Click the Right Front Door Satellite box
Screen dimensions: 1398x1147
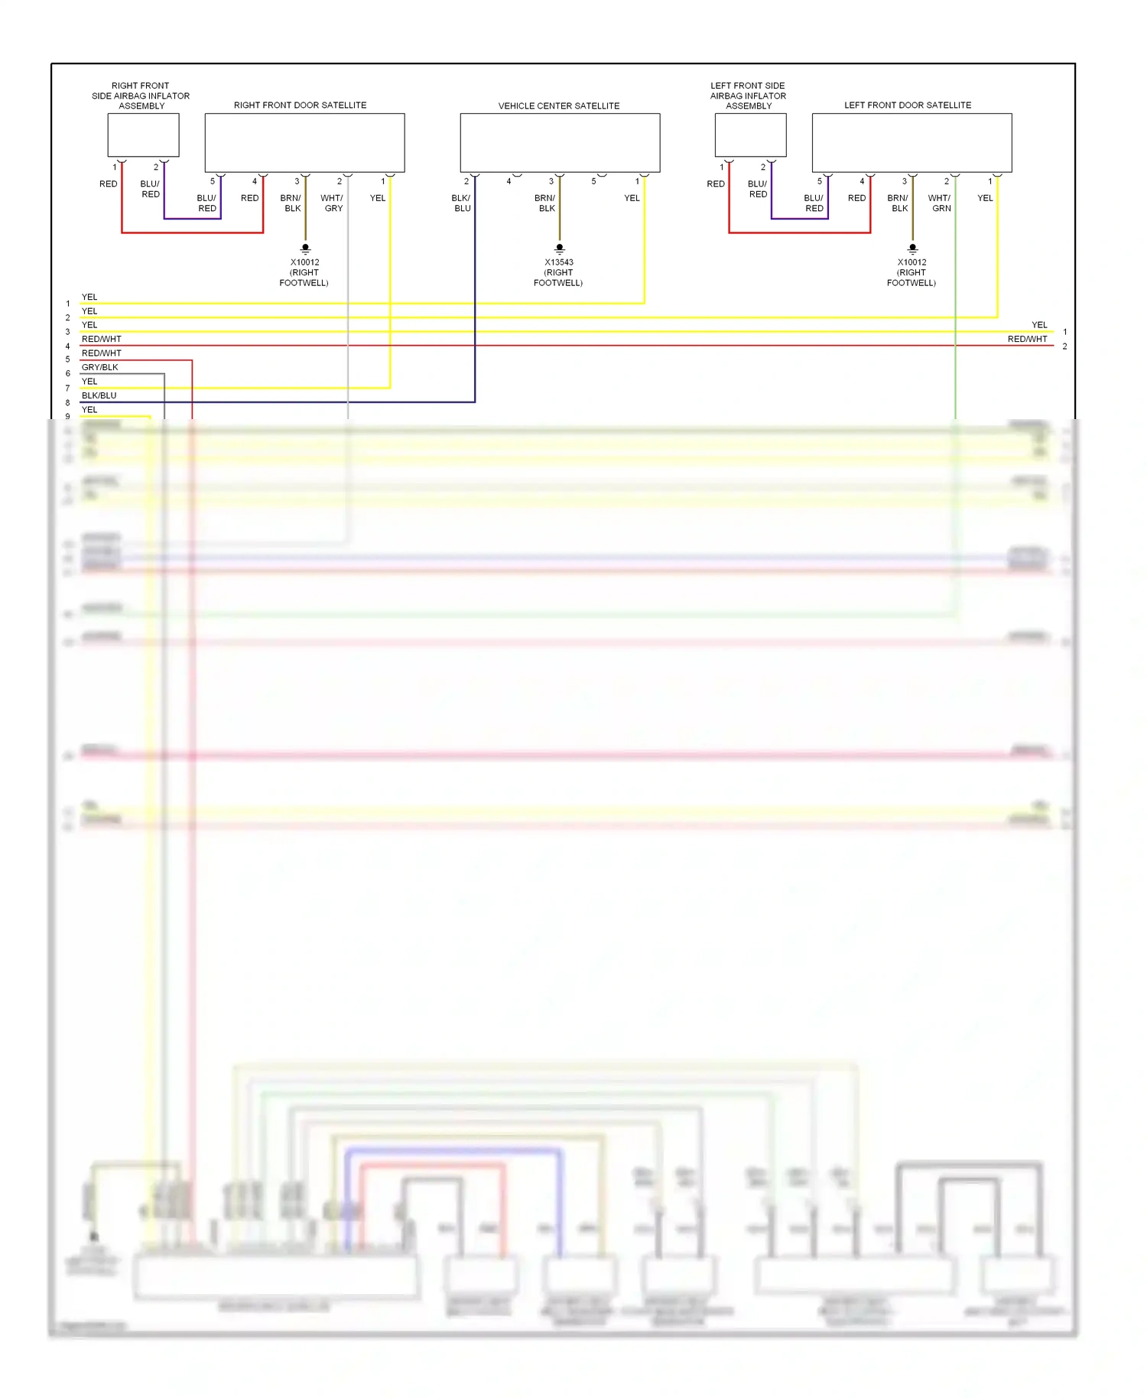(304, 143)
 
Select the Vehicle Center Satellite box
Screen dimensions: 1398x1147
(560, 143)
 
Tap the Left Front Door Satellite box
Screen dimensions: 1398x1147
(911, 143)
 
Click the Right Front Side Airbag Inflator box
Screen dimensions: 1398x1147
(143, 135)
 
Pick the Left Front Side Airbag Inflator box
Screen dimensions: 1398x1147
(750, 135)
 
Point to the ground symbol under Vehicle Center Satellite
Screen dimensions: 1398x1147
(560, 249)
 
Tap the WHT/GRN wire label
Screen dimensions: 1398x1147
(940, 203)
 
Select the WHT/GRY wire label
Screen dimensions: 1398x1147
(332, 203)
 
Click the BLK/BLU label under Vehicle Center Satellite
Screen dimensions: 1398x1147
(461, 203)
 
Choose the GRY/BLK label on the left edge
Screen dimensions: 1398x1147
(100, 367)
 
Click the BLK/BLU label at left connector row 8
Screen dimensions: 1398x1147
(99, 395)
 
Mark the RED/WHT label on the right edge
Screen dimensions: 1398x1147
(1027, 339)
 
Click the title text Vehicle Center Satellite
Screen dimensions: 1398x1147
(559, 106)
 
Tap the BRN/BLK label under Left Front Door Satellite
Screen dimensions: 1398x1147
(898, 203)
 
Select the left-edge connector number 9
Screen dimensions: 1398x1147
(67, 417)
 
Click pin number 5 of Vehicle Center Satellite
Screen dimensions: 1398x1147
(593, 181)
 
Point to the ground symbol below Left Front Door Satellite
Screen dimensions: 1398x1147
(912, 249)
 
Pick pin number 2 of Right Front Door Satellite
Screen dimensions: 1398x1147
(340, 181)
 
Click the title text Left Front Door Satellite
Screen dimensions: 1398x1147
(908, 105)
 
